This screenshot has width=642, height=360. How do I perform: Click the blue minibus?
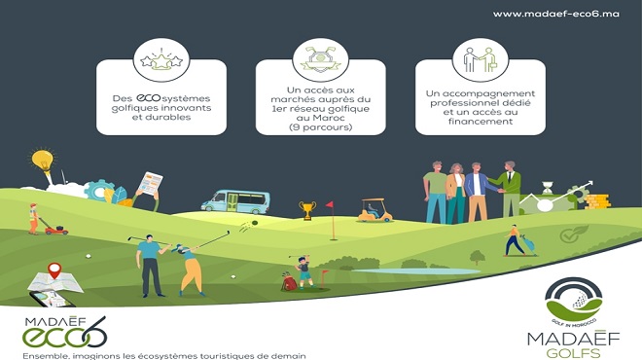pos(234,201)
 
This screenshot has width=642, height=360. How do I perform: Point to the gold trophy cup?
pos(307,210)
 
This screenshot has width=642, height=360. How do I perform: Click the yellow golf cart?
pos(373,208)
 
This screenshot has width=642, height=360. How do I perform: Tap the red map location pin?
pos(54,270)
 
